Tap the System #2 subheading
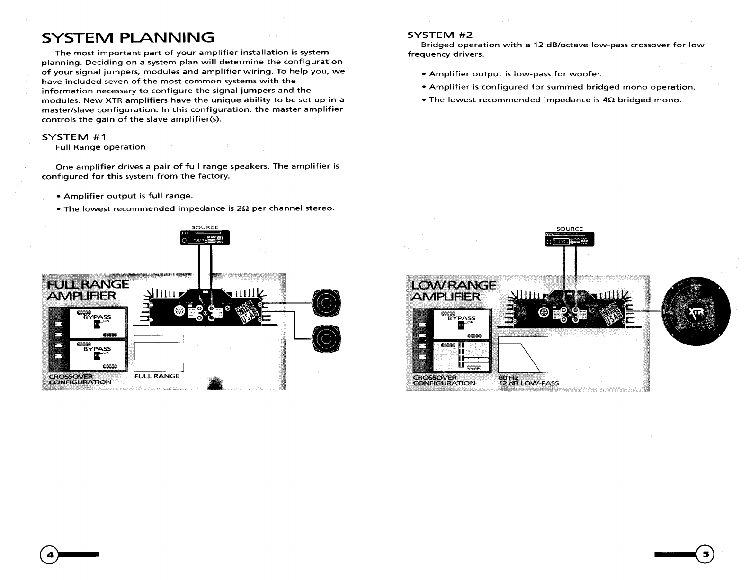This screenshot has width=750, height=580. coord(440,35)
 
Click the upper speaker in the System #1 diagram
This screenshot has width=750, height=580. coord(326,302)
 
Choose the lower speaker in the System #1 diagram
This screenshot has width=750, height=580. coord(326,337)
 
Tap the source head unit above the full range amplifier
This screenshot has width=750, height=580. coord(205,238)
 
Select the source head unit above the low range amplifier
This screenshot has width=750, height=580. coord(570,239)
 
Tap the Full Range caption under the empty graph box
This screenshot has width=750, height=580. coord(157,376)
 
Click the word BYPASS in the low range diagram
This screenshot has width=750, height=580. coord(461,318)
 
